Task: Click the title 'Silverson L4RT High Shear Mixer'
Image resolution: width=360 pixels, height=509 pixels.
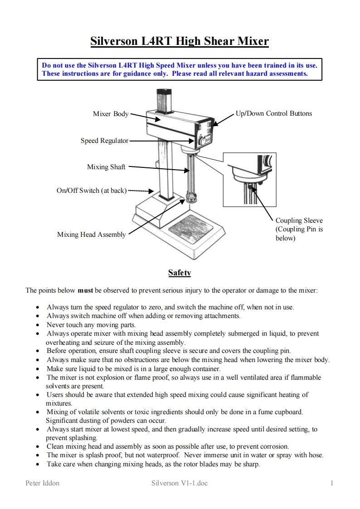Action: click(x=180, y=42)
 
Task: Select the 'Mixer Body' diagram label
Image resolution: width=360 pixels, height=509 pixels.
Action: click(x=111, y=114)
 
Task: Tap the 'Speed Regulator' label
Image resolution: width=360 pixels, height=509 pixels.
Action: click(x=104, y=141)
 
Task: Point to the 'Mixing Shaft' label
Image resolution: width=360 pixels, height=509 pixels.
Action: click(x=106, y=167)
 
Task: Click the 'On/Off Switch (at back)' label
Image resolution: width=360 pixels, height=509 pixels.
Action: click(x=91, y=191)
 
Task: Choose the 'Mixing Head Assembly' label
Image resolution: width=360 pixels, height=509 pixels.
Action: click(x=91, y=235)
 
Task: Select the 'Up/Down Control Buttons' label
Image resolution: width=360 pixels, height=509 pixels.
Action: click(x=274, y=113)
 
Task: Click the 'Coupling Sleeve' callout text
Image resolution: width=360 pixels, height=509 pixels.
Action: click(x=299, y=221)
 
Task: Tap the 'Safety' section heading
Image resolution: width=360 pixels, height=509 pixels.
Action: click(x=180, y=273)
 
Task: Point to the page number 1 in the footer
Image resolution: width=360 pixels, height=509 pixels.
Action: click(x=332, y=483)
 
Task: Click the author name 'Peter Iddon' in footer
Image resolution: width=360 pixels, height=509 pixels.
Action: click(x=42, y=483)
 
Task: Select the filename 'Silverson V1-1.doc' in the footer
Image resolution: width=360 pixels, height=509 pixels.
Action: click(x=180, y=483)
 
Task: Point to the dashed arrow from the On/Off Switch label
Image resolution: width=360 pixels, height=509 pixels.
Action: click(x=141, y=191)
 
